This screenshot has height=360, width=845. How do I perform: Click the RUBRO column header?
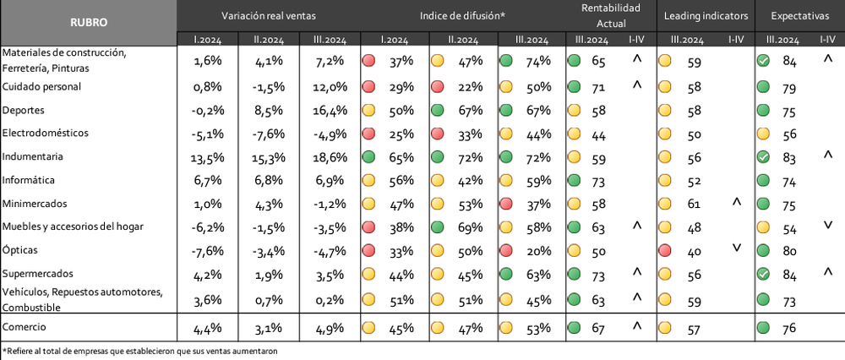(89, 23)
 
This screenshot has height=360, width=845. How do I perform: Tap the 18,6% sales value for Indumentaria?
(329, 158)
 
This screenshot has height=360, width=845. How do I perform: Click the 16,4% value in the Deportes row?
(329, 111)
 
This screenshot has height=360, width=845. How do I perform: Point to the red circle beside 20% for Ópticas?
(505, 252)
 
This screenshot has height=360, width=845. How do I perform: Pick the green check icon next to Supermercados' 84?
(762, 275)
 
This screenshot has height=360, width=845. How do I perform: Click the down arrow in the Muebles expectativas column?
(828, 226)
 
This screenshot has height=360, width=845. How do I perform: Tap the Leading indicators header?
(706, 16)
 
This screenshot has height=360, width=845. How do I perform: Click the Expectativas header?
(799, 16)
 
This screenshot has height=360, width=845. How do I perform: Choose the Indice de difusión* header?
(462, 16)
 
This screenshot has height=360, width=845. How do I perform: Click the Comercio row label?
(25, 326)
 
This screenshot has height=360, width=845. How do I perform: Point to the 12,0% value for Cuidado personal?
(329, 87)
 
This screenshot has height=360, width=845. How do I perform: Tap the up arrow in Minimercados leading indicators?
(737, 203)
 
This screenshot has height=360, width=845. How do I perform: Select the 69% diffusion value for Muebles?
(471, 228)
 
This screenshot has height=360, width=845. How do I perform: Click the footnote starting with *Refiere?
(140, 352)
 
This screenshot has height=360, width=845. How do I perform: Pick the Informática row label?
(29, 180)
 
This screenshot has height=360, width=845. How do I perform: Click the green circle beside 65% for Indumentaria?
(369, 157)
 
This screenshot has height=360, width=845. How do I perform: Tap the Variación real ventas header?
(269, 16)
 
